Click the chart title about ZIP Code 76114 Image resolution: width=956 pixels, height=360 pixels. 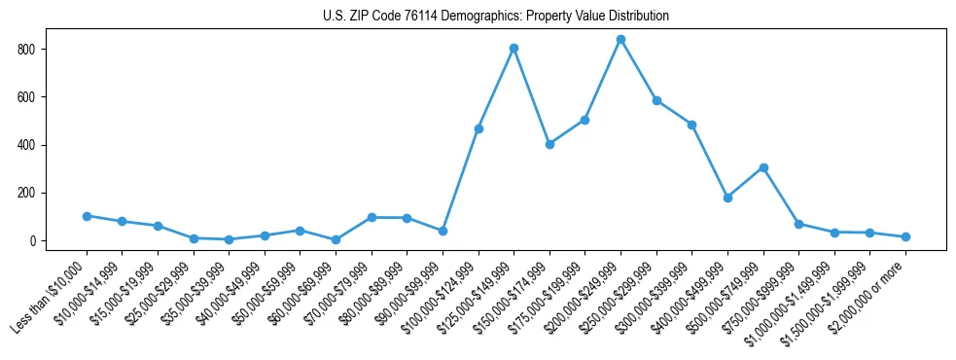tap(495, 17)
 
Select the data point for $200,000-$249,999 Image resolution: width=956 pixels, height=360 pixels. tap(620, 40)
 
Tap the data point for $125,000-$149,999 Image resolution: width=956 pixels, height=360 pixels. tap(513, 48)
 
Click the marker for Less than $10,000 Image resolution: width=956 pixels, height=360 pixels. tap(87, 216)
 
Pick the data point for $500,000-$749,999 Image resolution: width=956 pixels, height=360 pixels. tap(763, 167)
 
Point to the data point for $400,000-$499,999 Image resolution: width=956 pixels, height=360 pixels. tap(727, 198)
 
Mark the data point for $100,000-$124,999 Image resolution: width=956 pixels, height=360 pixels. tap(478, 128)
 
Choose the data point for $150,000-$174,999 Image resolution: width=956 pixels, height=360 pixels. tap(549, 144)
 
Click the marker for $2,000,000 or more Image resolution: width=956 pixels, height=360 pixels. tap(905, 236)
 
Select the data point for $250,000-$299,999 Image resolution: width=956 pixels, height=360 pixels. tap(656, 100)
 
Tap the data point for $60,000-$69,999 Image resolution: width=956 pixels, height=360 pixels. tap(336, 239)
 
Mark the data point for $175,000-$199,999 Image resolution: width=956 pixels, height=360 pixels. tap(585, 120)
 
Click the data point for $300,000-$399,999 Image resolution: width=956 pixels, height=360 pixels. tap(691, 125)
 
